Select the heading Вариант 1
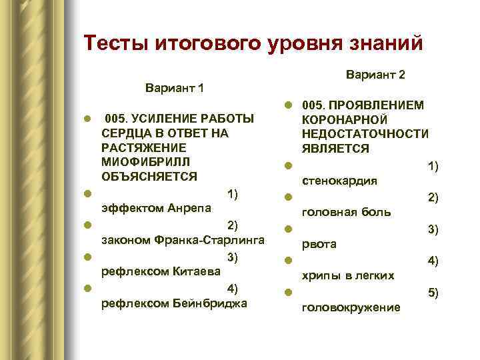[175, 89]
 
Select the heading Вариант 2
[376, 75]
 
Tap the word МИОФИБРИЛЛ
[145, 162]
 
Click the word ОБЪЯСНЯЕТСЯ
[149, 177]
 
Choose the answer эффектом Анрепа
[155, 208]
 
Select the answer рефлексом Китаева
[160, 272]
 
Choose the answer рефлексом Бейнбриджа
[173, 304]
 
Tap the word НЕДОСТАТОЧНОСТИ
[365, 134]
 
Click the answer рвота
[319, 245]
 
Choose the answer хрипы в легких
[348, 275]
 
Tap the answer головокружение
[351, 307]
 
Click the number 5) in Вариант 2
[432, 293]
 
